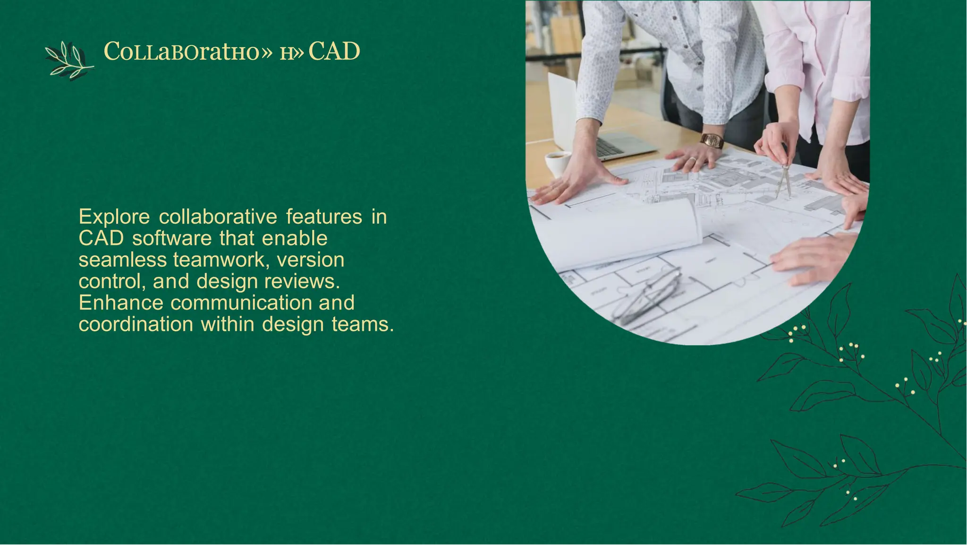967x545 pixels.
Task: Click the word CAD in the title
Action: point(334,52)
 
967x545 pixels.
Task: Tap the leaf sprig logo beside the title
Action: point(69,61)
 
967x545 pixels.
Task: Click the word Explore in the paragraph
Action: point(114,217)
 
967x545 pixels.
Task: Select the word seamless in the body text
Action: point(122,260)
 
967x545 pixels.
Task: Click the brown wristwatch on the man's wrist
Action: point(712,140)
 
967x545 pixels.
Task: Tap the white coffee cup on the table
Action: point(558,164)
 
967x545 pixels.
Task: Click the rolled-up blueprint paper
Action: point(623,234)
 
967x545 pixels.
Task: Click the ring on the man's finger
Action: point(693,160)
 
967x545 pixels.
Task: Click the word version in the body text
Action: point(310,260)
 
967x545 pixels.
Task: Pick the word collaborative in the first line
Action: point(218,217)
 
